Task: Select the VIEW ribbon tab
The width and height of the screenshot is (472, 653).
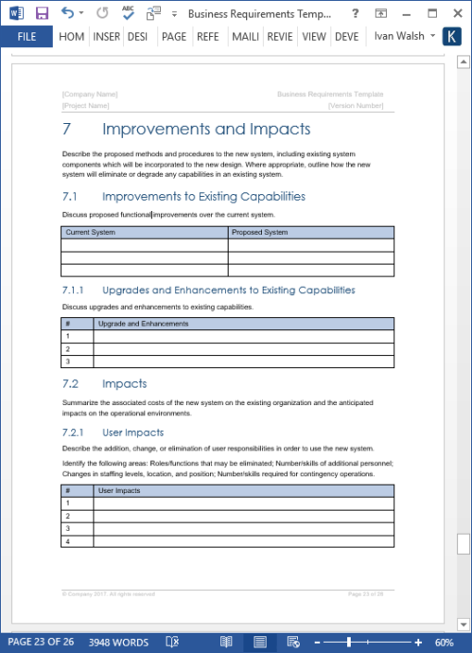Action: click(314, 37)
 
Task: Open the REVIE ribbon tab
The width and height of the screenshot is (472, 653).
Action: click(281, 37)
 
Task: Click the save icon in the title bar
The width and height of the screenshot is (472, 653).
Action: click(42, 13)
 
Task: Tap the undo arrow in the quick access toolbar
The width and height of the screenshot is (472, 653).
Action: click(68, 13)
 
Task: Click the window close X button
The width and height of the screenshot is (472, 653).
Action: click(455, 13)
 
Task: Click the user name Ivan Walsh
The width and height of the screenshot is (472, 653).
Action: click(398, 37)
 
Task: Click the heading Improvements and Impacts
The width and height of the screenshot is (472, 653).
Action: click(206, 129)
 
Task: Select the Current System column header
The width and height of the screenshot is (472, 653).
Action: click(91, 232)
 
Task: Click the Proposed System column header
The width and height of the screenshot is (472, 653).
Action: click(260, 232)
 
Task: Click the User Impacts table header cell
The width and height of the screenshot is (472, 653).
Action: click(119, 490)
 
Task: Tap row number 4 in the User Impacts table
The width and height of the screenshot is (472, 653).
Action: click(68, 540)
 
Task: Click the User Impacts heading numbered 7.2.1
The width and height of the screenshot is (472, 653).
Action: click(132, 432)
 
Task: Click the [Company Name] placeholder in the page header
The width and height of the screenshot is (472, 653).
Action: click(90, 94)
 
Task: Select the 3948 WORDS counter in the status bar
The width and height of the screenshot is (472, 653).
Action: click(118, 642)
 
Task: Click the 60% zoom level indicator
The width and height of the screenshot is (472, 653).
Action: click(443, 642)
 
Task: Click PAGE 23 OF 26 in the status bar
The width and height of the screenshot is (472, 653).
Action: click(41, 642)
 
